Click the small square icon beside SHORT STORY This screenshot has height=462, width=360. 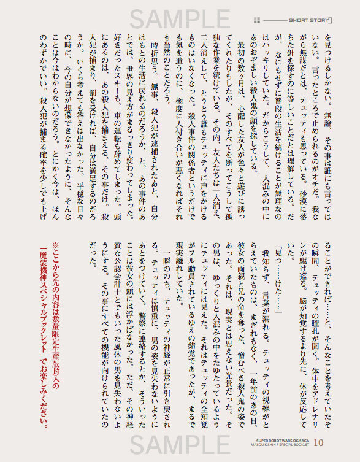(259, 20)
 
